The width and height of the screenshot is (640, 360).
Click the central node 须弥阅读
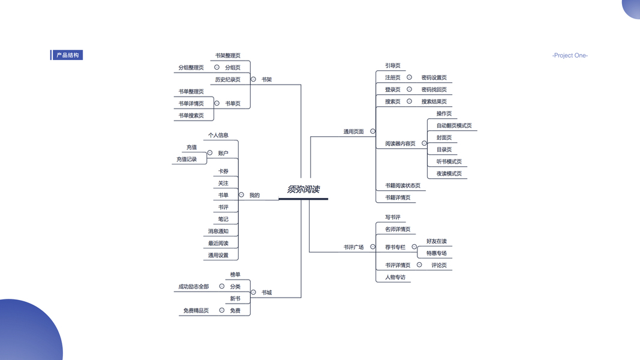[303, 189]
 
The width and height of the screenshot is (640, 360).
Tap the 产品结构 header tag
[67, 55]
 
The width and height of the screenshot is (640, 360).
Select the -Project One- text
[570, 55]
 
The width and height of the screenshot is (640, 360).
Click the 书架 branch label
[266, 79]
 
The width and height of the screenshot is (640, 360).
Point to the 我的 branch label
[254, 195]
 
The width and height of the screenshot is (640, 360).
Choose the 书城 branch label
[266, 293]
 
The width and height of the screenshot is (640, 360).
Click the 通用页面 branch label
[353, 131]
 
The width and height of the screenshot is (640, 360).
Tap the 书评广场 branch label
[353, 247]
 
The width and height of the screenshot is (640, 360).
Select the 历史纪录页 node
[227, 79]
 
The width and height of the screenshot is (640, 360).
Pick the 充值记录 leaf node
[187, 159]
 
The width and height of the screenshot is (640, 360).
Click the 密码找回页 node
[434, 89]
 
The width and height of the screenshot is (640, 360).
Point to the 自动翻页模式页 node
[453, 125]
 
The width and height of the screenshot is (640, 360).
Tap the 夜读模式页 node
[449, 173]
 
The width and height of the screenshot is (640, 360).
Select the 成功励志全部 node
[193, 287]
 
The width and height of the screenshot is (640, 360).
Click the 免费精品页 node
[196, 311]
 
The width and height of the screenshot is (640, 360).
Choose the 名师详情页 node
[398, 229]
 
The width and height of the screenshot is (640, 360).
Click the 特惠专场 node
[436, 253]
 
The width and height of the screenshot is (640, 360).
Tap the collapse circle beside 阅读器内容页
[424, 143]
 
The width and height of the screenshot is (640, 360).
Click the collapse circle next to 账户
[209, 152]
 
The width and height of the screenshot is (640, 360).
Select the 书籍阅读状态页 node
[402, 185]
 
